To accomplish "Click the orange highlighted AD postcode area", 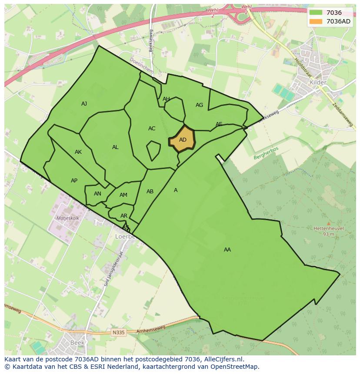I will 182,139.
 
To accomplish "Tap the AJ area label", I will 84,103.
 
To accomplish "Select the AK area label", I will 78,152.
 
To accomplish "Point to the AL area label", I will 115,147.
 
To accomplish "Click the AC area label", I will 152,129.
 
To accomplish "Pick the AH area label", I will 166,99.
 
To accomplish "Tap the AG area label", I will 199,105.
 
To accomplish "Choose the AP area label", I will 74,181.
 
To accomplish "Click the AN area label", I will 97,194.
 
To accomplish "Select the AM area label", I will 123,195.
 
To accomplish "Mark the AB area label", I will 150,192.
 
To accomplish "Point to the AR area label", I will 124,216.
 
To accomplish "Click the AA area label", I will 227,250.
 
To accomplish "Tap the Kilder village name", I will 318,82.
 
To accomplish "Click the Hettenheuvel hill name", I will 329,228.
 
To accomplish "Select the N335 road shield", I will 118,333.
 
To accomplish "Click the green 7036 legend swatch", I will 316,13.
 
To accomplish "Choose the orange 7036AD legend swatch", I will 316,21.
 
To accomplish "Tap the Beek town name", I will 75,342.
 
